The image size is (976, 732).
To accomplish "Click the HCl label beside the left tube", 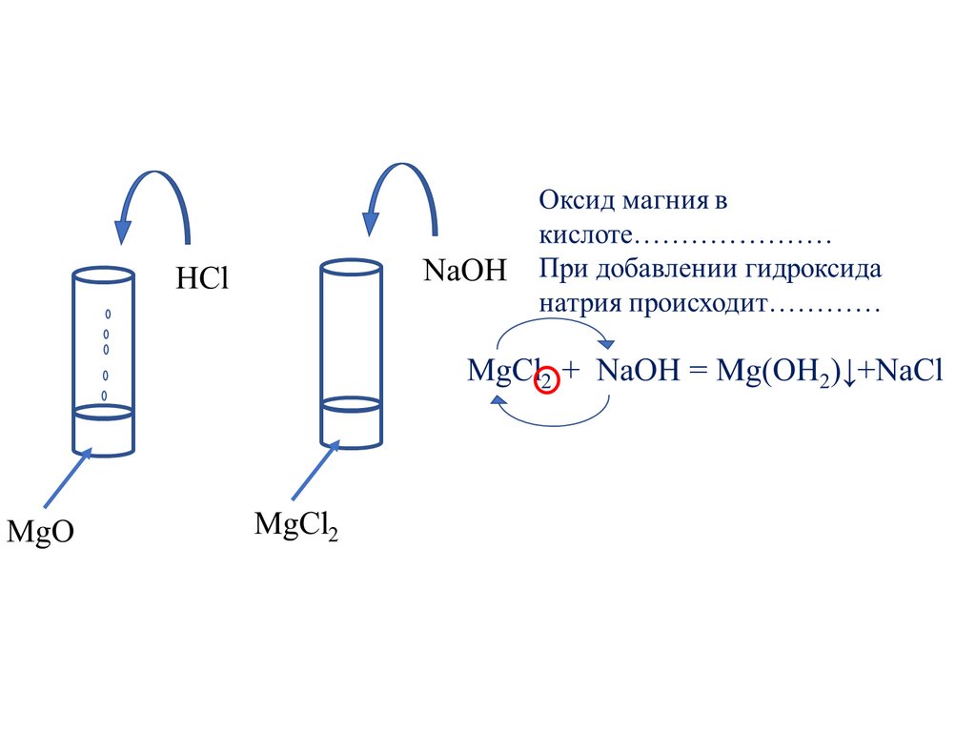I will (203, 279).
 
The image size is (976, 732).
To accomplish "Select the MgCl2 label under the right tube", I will (296, 525).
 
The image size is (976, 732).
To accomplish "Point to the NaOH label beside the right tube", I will (465, 269).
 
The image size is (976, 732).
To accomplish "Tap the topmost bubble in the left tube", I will (107, 314).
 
